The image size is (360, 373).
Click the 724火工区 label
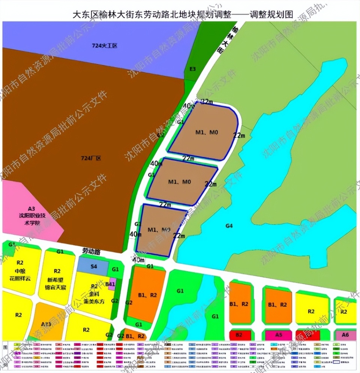click(105, 46)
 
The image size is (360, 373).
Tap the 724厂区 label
click(91, 158)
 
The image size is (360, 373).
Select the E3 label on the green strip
click(193, 69)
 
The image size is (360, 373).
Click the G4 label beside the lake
click(229, 226)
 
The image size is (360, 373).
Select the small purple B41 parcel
click(110, 285)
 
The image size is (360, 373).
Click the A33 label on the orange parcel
click(46, 324)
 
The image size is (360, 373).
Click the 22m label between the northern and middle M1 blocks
click(188, 159)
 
